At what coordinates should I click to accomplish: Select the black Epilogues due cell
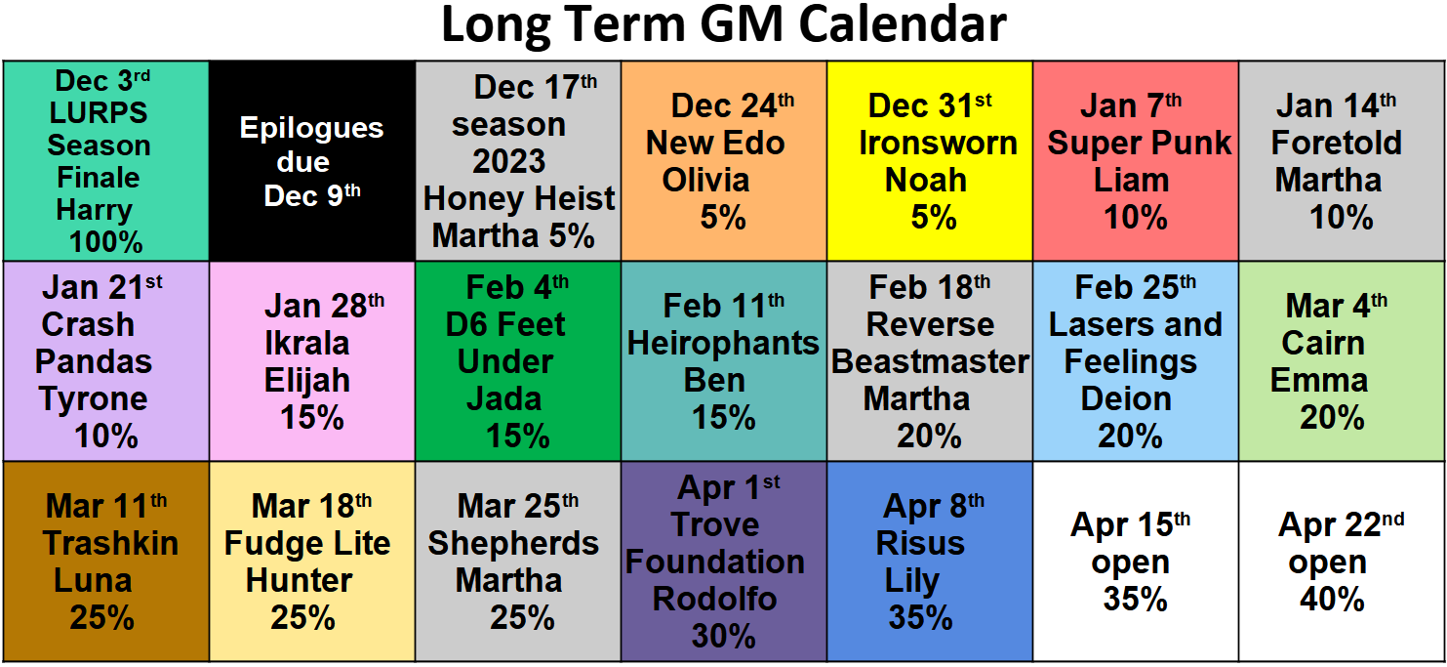pyautogui.click(x=312, y=161)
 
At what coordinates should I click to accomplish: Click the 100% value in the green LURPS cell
pyautogui.click(x=105, y=241)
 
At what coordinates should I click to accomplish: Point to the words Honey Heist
pyautogui.click(x=519, y=199)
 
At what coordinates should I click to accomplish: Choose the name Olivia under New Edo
pyautogui.click(x=705, y=181)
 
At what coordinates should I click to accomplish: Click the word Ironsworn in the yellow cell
pyautogui.click(x=938, y=143)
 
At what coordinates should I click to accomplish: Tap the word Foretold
pyautogui.click(x=1336, y=143)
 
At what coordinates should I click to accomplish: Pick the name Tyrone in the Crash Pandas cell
pyautogui.click(x=94, y=398)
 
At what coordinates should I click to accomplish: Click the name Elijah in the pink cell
pyautogui.click(x=306, y=381)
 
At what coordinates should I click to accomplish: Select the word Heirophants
pyautogui.click(x=723, y=343)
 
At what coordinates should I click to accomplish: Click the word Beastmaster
pyautogui.click(x=930, y=361)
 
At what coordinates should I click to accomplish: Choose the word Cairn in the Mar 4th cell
pyautogui.click(x=1323, y=343)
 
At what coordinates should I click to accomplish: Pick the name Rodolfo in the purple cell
pyautogui.click(x=714, y=599)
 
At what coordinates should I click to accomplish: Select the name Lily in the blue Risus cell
pyautogui.click(x=911, y=580)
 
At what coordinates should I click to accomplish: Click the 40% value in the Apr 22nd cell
pyautogui.click(x=1332, y=599)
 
